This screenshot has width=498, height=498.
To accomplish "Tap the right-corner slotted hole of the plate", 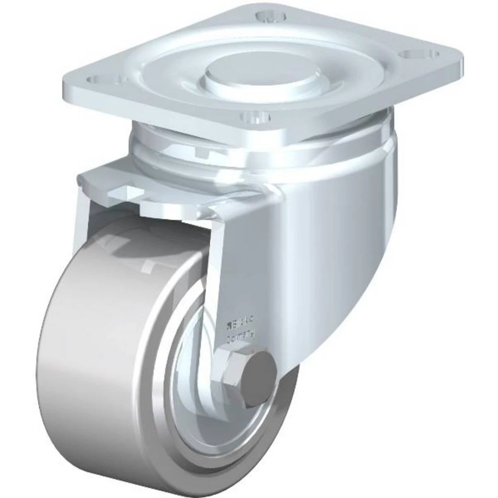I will (x=421, y=53).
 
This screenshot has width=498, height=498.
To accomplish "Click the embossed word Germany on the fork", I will (x=242, y=338).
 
